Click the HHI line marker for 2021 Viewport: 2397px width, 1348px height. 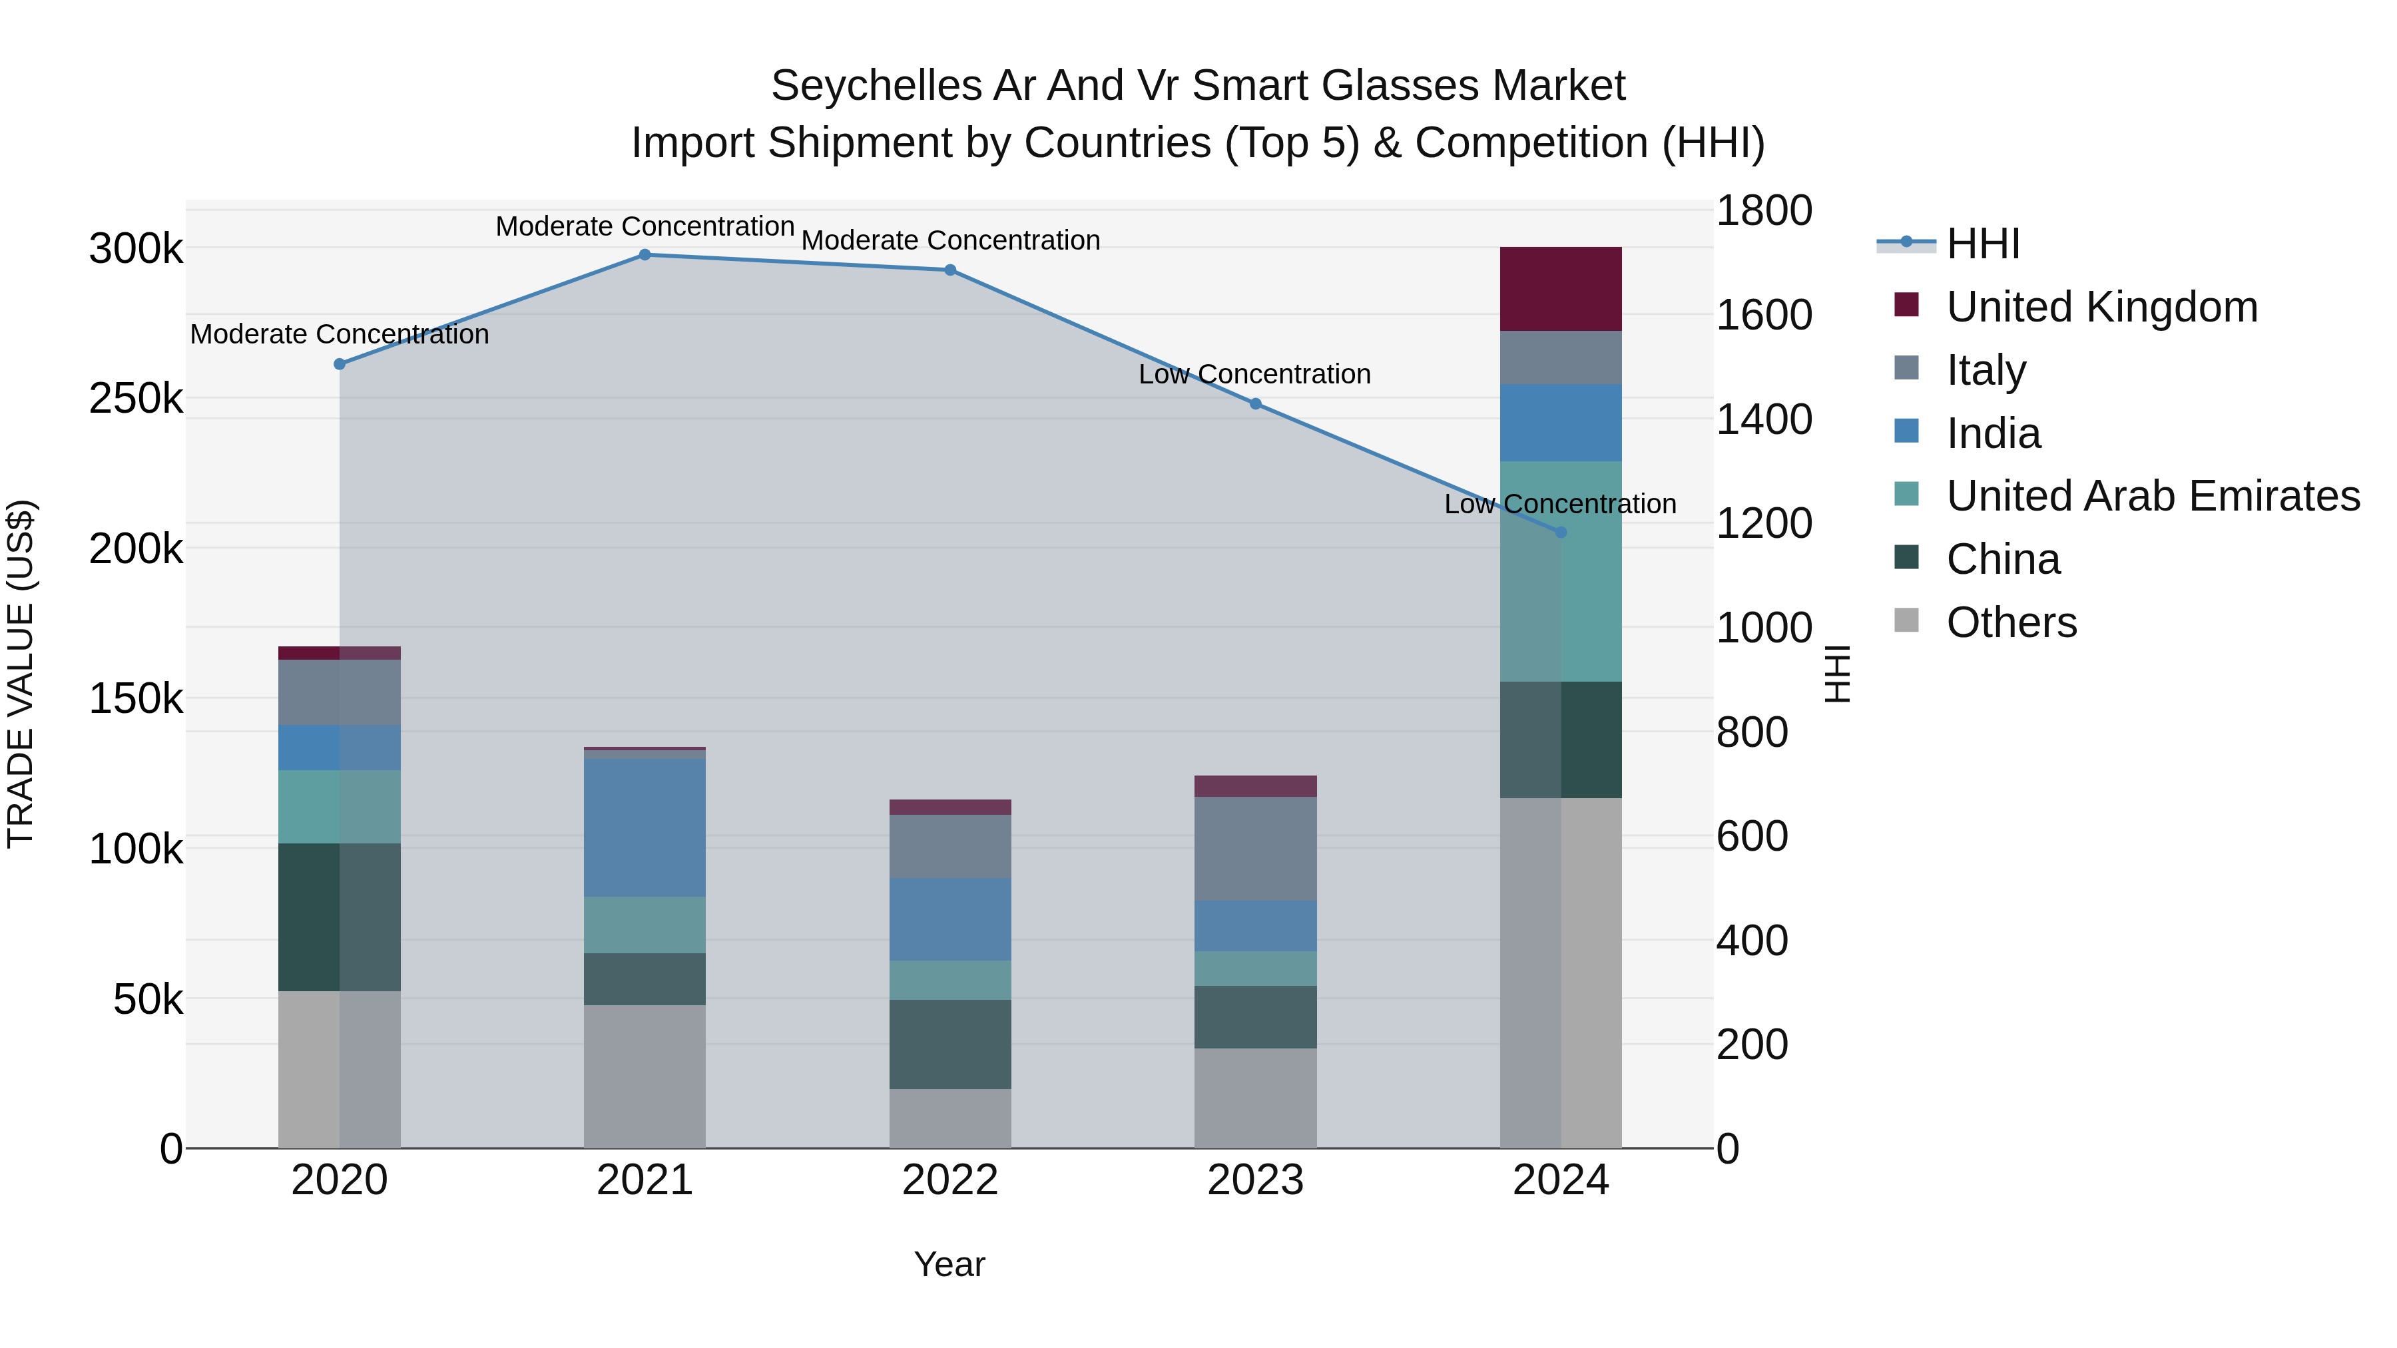[645, 255]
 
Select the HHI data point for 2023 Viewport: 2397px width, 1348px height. [1255, 404]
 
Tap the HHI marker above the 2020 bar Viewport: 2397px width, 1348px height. [340, 363]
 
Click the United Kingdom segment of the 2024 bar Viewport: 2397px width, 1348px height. [1561, 290]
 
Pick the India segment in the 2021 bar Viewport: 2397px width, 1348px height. [645, 828]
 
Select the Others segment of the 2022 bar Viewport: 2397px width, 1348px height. [950, 1118]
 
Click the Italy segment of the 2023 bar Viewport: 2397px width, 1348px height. [1255, 849]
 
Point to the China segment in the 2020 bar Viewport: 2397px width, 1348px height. [340, 917]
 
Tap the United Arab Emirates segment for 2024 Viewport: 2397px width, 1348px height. [1561, 571]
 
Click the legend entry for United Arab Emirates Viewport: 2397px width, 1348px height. [2152, 496]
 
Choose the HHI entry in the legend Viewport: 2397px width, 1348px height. [1982, 244]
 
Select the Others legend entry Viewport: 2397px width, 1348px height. [2011, 622]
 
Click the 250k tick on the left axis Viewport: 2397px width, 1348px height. [136, 399]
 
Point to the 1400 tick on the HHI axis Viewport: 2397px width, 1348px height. [1763, 419]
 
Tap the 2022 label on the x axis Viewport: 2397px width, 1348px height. [950, 1180]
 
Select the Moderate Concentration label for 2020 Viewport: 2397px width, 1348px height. [340, 334]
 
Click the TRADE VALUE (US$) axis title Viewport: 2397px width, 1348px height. [21, 674]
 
